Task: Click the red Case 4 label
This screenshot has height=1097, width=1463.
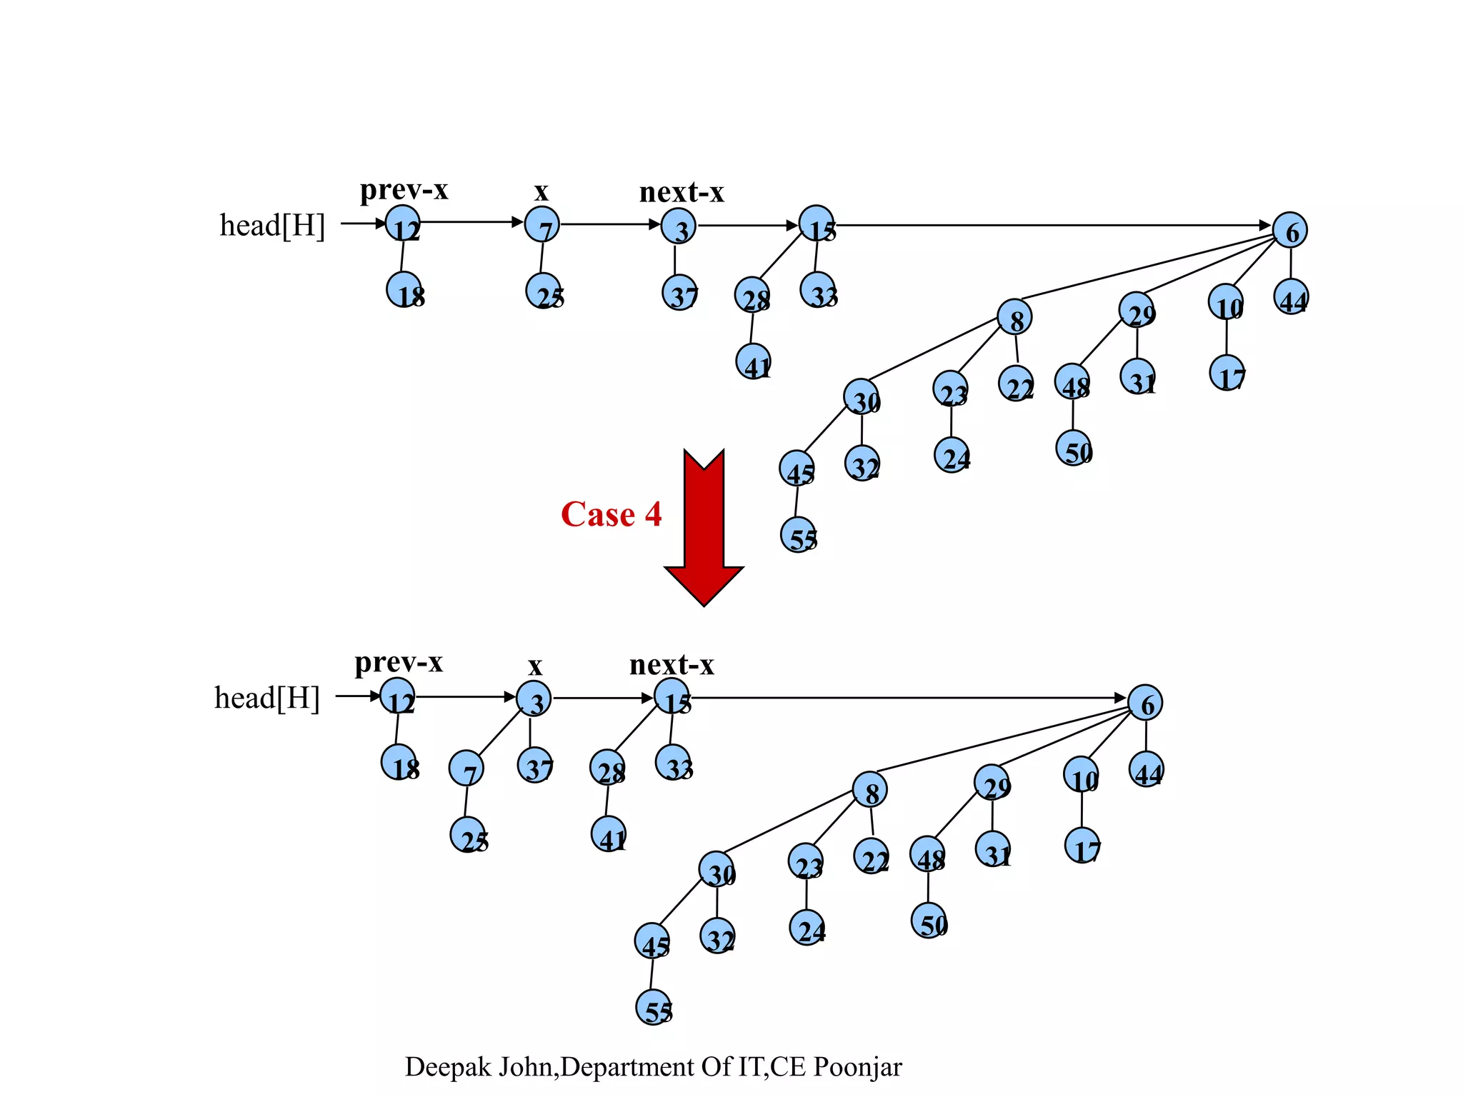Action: pyautogui.click(x=611, y=514)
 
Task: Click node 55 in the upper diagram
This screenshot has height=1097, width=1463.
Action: pyautogui.click(x=799, y=536)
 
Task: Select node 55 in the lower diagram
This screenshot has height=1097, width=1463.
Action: pyautogui.click(x=654, y=1008)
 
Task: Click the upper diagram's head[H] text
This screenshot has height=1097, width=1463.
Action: pyautogui.click(x=272, y=226)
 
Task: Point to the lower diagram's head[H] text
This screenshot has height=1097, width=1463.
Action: pyautogui.click(x=267, y=698)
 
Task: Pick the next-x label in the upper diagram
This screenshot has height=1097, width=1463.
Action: pyautogui.click(x=681, y=192)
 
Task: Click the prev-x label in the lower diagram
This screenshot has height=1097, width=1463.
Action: pyautogui.click(x=399, y=663)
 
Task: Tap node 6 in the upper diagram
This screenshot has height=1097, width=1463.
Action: pyautogui.click(x=1290, y=231)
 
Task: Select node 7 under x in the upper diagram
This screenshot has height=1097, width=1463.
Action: pyautogui.click(x=542, y=225)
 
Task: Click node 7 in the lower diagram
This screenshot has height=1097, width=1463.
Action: pyautogui.click(x=466, y=769)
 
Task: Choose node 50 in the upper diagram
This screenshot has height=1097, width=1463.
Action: pyautogui.click(x=1074, y=449)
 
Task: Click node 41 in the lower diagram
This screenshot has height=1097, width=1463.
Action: pyautogui.click(x=609, y=834)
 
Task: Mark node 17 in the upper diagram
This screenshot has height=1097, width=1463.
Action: pyautogui.click(x=1227, y=374)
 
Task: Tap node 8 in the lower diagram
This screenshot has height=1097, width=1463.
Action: pyautogui.click(x=870, y=790)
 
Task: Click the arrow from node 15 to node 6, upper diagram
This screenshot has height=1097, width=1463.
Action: pyautogui.click(x=1050, y=226)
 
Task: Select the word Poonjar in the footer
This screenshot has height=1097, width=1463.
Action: pyautogui.click(x=858, y=1067)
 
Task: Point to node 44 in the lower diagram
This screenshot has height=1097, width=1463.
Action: pyautogui.click(x=1147, y=770)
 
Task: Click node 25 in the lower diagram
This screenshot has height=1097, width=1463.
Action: pyautogui.click(x=468, y=836)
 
